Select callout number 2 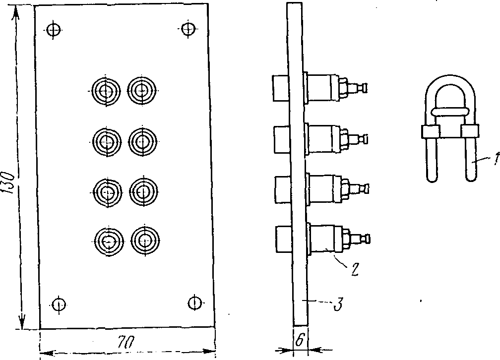click(354, 270)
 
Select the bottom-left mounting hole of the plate click(59, 302)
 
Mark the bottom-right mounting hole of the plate click(194, 301)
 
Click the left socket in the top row click(105, 91)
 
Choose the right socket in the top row click(142, 90)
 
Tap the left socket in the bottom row click(108, 241)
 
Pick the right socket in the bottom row click(144, 240)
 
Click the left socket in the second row click(106, 141)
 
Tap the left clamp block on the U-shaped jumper click(430, 132)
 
